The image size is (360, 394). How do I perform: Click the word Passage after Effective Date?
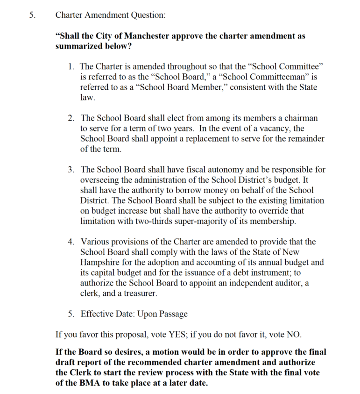pyautogui.click(x=169, y=314)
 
